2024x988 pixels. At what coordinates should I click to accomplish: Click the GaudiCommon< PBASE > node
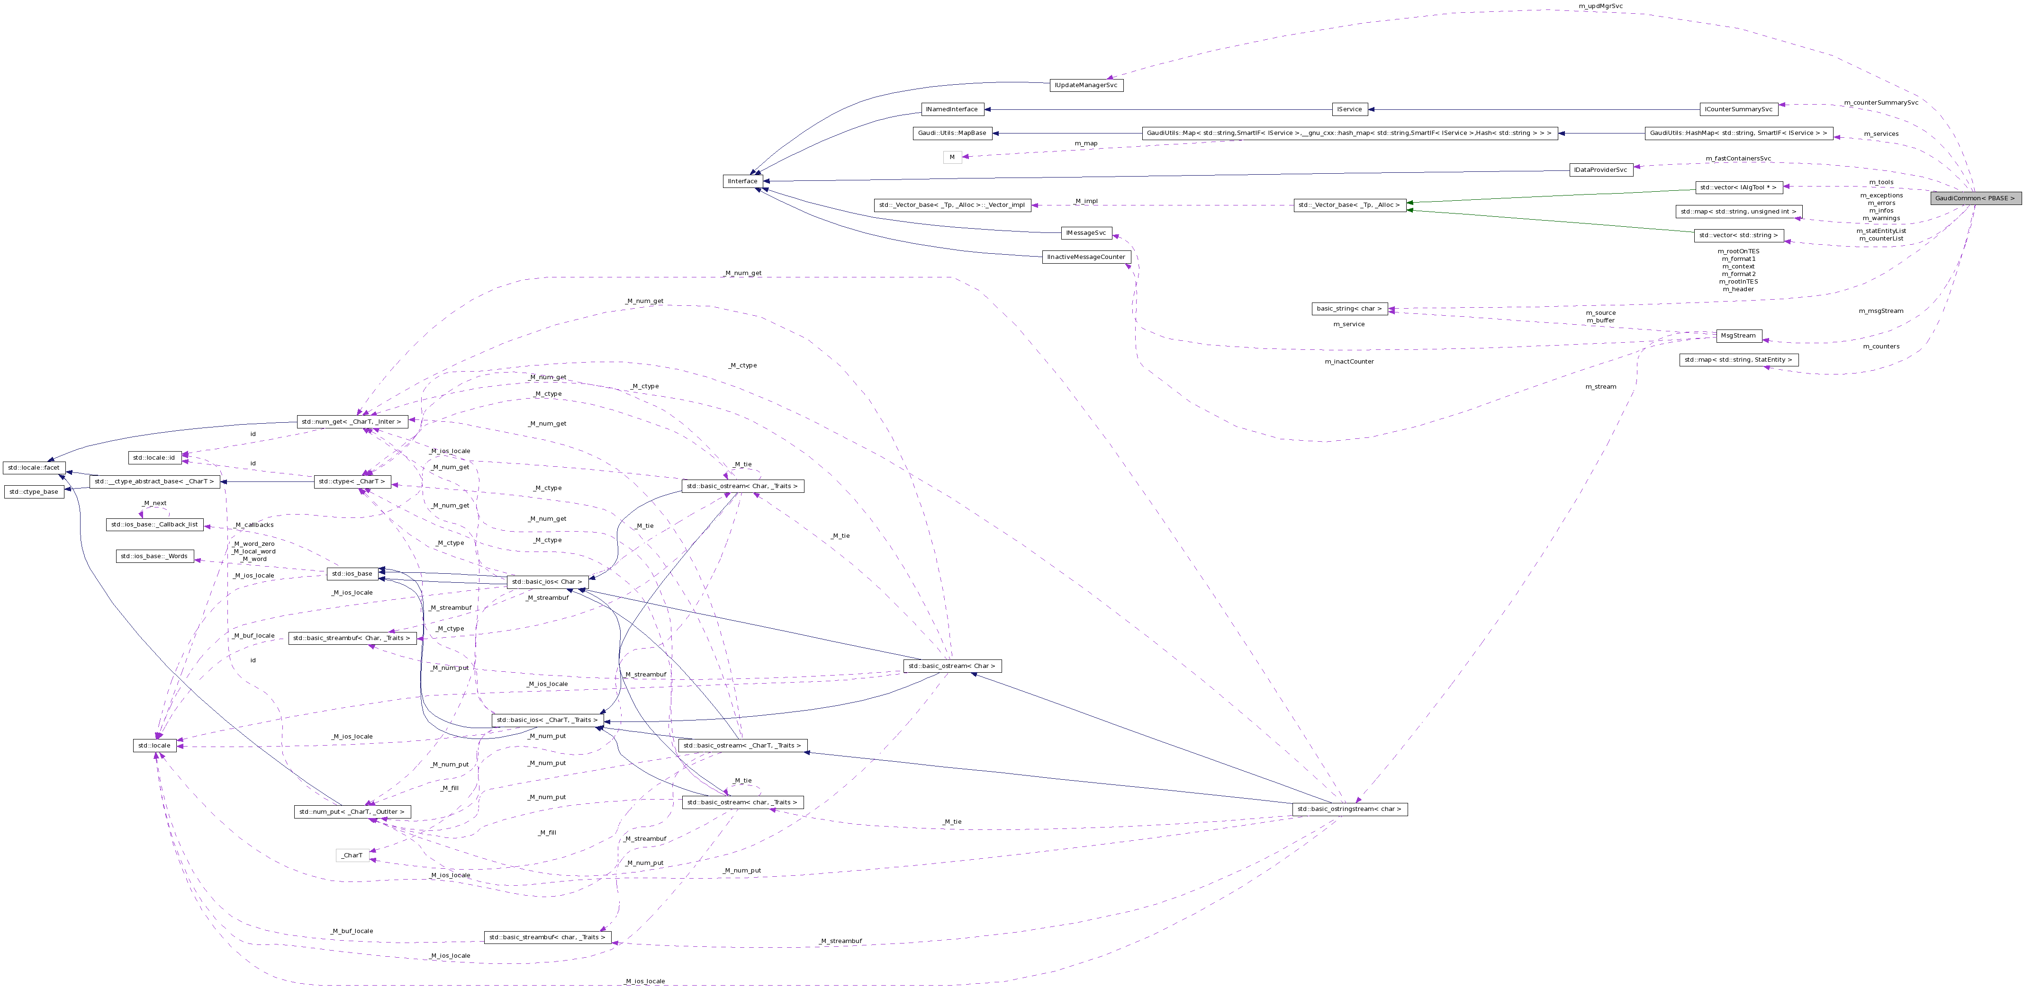[1975, 198]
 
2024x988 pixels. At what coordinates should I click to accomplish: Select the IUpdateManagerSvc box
[1086, 85]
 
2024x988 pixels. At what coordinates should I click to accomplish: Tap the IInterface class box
[742, 181]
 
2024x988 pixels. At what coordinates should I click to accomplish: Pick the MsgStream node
[1738, 335]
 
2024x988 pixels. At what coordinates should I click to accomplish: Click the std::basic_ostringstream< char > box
[1349, 809]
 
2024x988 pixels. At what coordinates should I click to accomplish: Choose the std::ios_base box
[352, 573]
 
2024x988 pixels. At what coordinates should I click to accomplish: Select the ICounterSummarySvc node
[1738, 109]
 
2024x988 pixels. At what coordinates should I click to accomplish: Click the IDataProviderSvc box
[1600, 169]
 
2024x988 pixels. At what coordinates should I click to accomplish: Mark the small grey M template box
[951, 157]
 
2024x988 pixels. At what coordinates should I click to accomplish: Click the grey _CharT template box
[352, 855]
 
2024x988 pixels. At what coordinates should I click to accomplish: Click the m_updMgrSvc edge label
[1600, 6]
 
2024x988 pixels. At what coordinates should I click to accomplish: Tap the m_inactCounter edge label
[1348, 361]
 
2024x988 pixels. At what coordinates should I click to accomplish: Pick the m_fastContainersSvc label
[1738, 159]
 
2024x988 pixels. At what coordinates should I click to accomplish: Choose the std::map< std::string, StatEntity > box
[1738, 360]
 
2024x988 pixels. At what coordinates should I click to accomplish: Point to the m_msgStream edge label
[1880, 311]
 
